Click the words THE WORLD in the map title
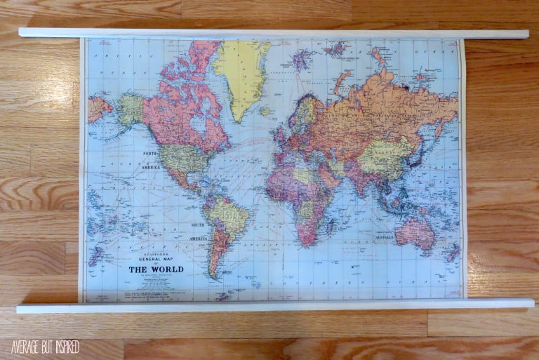point(155,269)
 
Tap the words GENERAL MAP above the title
point(154,259)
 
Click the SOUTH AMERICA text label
point(197,231)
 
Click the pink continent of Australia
point(415,232)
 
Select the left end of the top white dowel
point(23,32)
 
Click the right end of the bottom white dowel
point(529,303)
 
